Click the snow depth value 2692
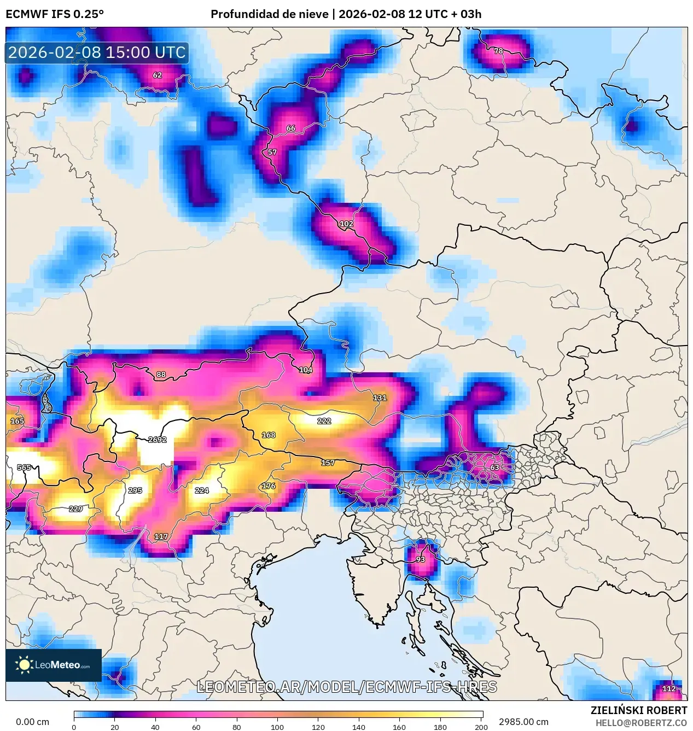[x=157, y=440]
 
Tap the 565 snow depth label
[x=24, y=467]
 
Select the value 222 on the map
[x=324, y=421]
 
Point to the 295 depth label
[x=135, y=490]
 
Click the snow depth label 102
[x=346, y=224]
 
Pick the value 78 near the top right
[x=498, y=51]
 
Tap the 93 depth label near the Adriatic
[x=420, y=559]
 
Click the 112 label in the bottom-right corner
[x=669, y=689]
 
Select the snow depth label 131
[x=380, y=398]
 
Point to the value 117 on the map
[x=161, y=536]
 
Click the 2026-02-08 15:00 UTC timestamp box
[x=97, y=52]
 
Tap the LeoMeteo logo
[x=54, y=665]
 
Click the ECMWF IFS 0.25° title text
[x=55, y=14]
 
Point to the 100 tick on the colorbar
[x=277, y=727]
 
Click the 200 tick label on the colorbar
[x=481, y=727]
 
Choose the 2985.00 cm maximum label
[x=523, y=722]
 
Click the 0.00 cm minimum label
[x=32, y=722]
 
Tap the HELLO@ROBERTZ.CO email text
[x=641, y=723]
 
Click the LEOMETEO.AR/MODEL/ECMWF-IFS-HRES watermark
[x=347, y=687]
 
